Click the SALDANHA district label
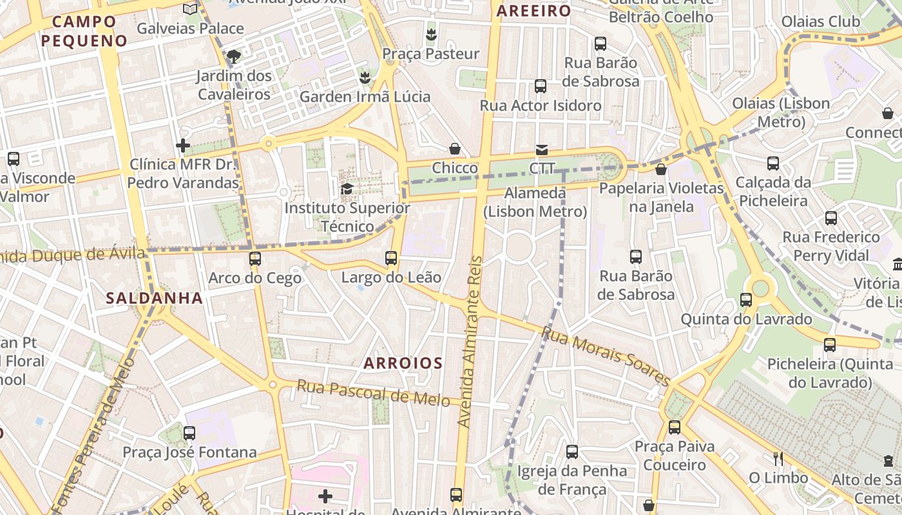(x=155, y=298)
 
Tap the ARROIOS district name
(x=403, y=363)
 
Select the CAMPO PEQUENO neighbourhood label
(x=84, y=31)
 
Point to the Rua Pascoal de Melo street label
(x=373, y=393)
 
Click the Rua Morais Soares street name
(x=606, y=355)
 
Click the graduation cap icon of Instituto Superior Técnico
(x=347, y=189)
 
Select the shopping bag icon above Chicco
(x=455, y=149)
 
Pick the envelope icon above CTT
(x=541, y=150)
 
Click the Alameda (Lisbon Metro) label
(x=535, y=202)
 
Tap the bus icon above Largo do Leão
(x=391, y=258)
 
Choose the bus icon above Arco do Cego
(x=255, y=259)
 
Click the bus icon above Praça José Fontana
(x=189, y=433)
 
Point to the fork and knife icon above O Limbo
(x=778, y=458)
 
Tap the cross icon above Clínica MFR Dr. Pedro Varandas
(x=183, y=145)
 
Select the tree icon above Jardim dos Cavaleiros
(x=234, y=56)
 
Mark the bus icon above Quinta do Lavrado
(x=746, y=299)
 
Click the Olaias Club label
(x=820, y=22)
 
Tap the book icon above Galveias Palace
(x=189, y=9)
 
